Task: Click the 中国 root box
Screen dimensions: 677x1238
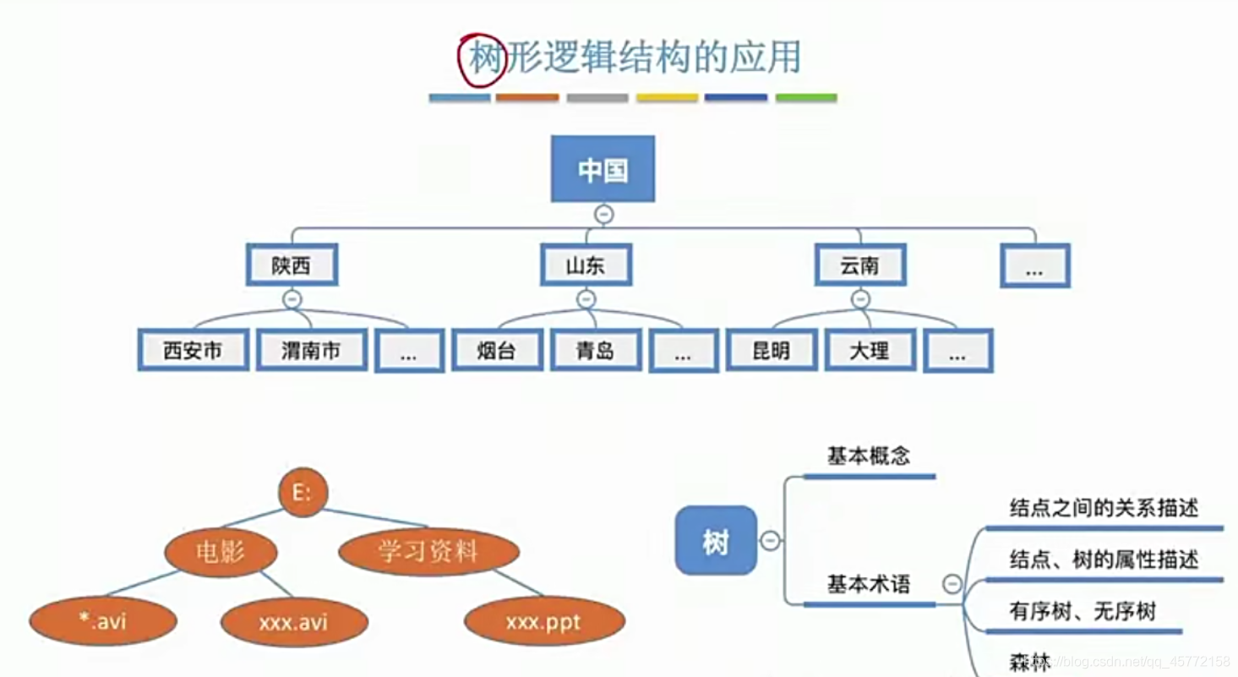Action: point(603,169)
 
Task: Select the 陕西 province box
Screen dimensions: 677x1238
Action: point(292,265)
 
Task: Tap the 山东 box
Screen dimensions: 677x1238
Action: point(586,265)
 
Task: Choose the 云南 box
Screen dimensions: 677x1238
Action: point(860,265)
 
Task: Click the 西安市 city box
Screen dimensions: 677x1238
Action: point(194,350)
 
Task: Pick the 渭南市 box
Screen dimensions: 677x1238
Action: point(312,350)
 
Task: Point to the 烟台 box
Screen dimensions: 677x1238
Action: point(497,350)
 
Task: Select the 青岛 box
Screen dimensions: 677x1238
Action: point(596,350)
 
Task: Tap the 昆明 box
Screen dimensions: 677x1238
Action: point(772,350)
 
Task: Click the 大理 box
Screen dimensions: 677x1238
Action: point(870,350)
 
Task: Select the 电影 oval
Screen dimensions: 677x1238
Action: point(221,553)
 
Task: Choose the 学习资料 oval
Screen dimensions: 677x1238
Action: point(428,553)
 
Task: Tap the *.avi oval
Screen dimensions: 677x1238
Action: point(103,623)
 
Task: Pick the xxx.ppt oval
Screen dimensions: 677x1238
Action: point(544,623)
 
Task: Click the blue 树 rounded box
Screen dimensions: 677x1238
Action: point(716,541)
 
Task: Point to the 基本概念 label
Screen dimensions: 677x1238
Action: point(869,456)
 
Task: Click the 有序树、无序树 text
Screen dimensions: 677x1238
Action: point(1083,611)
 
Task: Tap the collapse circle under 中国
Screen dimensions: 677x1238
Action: point(603,215)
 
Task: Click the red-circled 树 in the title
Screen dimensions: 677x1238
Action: point(484,60)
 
